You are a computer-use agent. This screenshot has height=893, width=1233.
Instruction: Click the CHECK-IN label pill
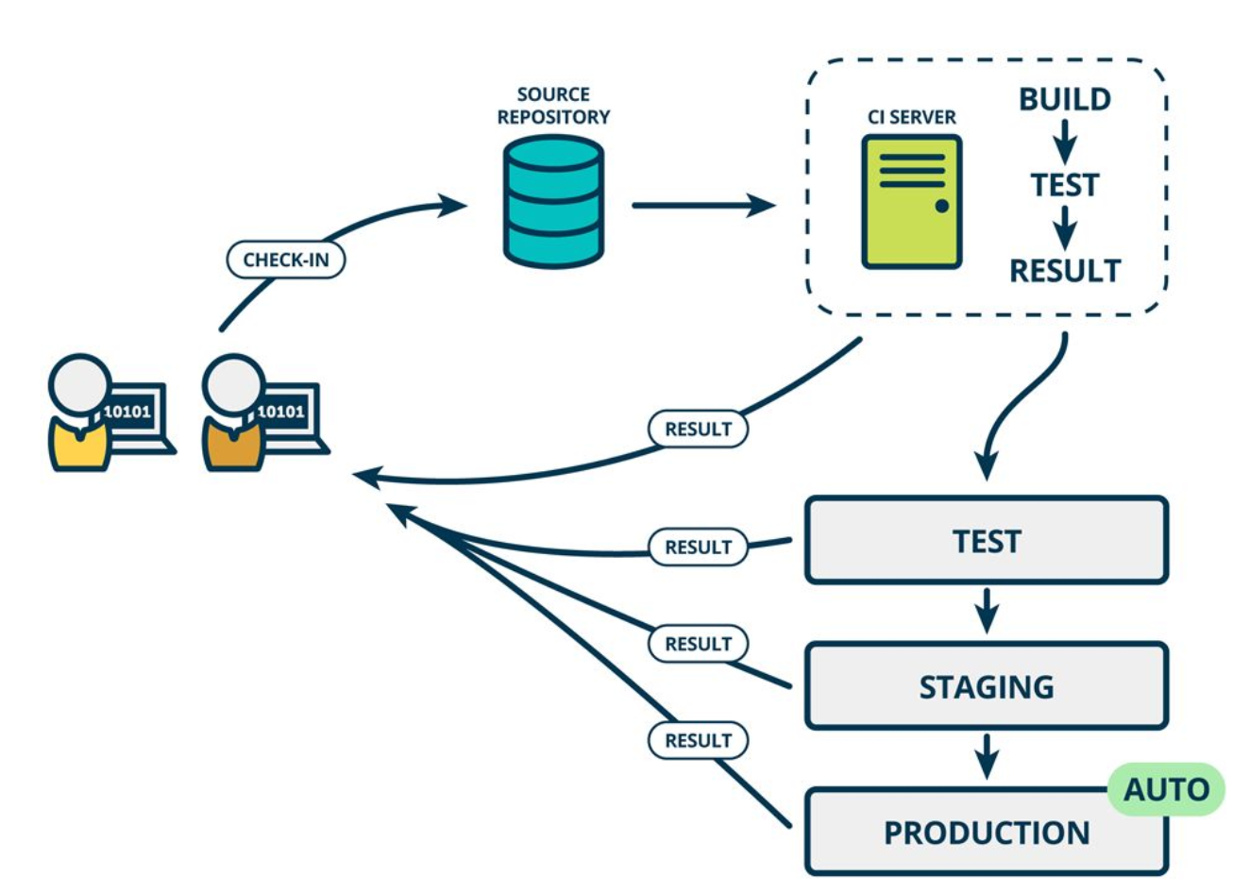pos(285,260)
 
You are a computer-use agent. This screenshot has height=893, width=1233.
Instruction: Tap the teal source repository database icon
pos(553,201)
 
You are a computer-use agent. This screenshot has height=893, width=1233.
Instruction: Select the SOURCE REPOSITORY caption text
pos(553,106)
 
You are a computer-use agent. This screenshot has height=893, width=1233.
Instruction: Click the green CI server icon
pos(911,201)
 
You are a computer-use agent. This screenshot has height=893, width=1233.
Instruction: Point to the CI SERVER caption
pos(911,117)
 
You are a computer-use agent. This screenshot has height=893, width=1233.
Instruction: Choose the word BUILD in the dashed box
pos(1064,99)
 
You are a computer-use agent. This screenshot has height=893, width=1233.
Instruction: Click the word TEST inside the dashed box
pos(1064,185)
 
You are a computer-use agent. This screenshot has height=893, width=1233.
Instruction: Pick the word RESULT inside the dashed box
pos(1064,271)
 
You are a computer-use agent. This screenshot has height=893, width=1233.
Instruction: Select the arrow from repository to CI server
pos(702,204)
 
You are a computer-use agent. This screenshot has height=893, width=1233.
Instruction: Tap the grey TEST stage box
pos(986,541)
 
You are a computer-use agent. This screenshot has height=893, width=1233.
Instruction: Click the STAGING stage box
pos(986,686)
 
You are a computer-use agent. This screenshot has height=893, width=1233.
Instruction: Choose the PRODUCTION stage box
pos(986,832)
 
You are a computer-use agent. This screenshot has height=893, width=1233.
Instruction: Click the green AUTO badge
pos(1166,789)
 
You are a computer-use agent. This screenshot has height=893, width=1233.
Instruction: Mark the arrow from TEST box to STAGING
pos(987,612)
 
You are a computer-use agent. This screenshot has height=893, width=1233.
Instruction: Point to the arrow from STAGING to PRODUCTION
pos(987,757)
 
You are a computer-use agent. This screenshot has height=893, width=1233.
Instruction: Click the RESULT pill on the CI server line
pos(698,429)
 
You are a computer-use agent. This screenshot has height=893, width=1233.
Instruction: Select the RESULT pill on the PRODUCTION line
pos(698,740)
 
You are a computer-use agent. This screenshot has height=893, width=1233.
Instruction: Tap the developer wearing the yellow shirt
pos(79,415)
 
